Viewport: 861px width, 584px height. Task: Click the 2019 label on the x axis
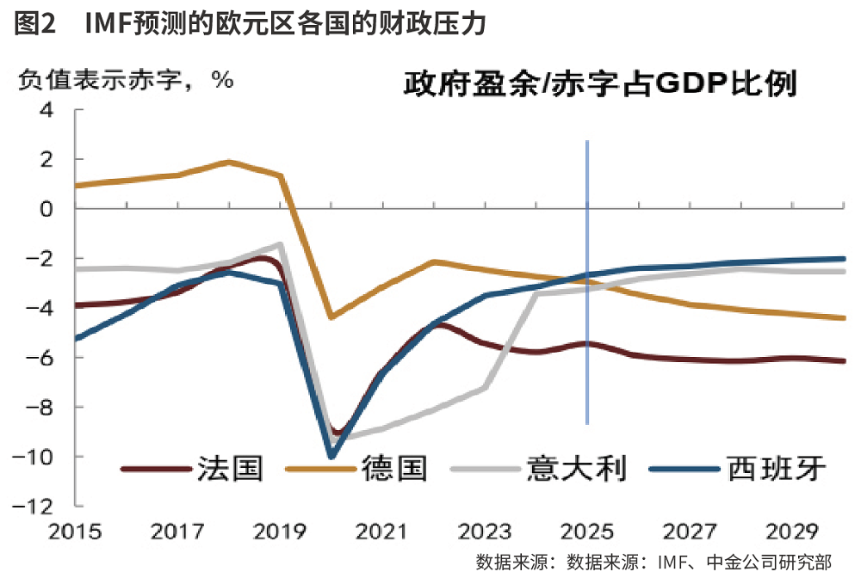pyautogui.click(x=280, y=531)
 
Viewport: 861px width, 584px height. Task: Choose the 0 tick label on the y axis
pyautogui.click(x=46, y=209)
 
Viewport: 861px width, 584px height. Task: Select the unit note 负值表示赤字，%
pyautogui.click(x=126, y=80)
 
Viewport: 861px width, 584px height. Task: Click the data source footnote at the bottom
pyautogui.click(x=653, y=563)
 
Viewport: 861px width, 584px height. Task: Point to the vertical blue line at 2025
pyautogui.click(x=587, y=284)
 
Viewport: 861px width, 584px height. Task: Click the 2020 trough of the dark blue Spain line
pyautogui.click(x=331, y=456)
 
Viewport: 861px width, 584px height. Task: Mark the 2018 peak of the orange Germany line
pyautogui.click(x=229, y=162)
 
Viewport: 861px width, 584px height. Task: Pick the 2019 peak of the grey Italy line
pyautogui.click(x=281, y=244)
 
